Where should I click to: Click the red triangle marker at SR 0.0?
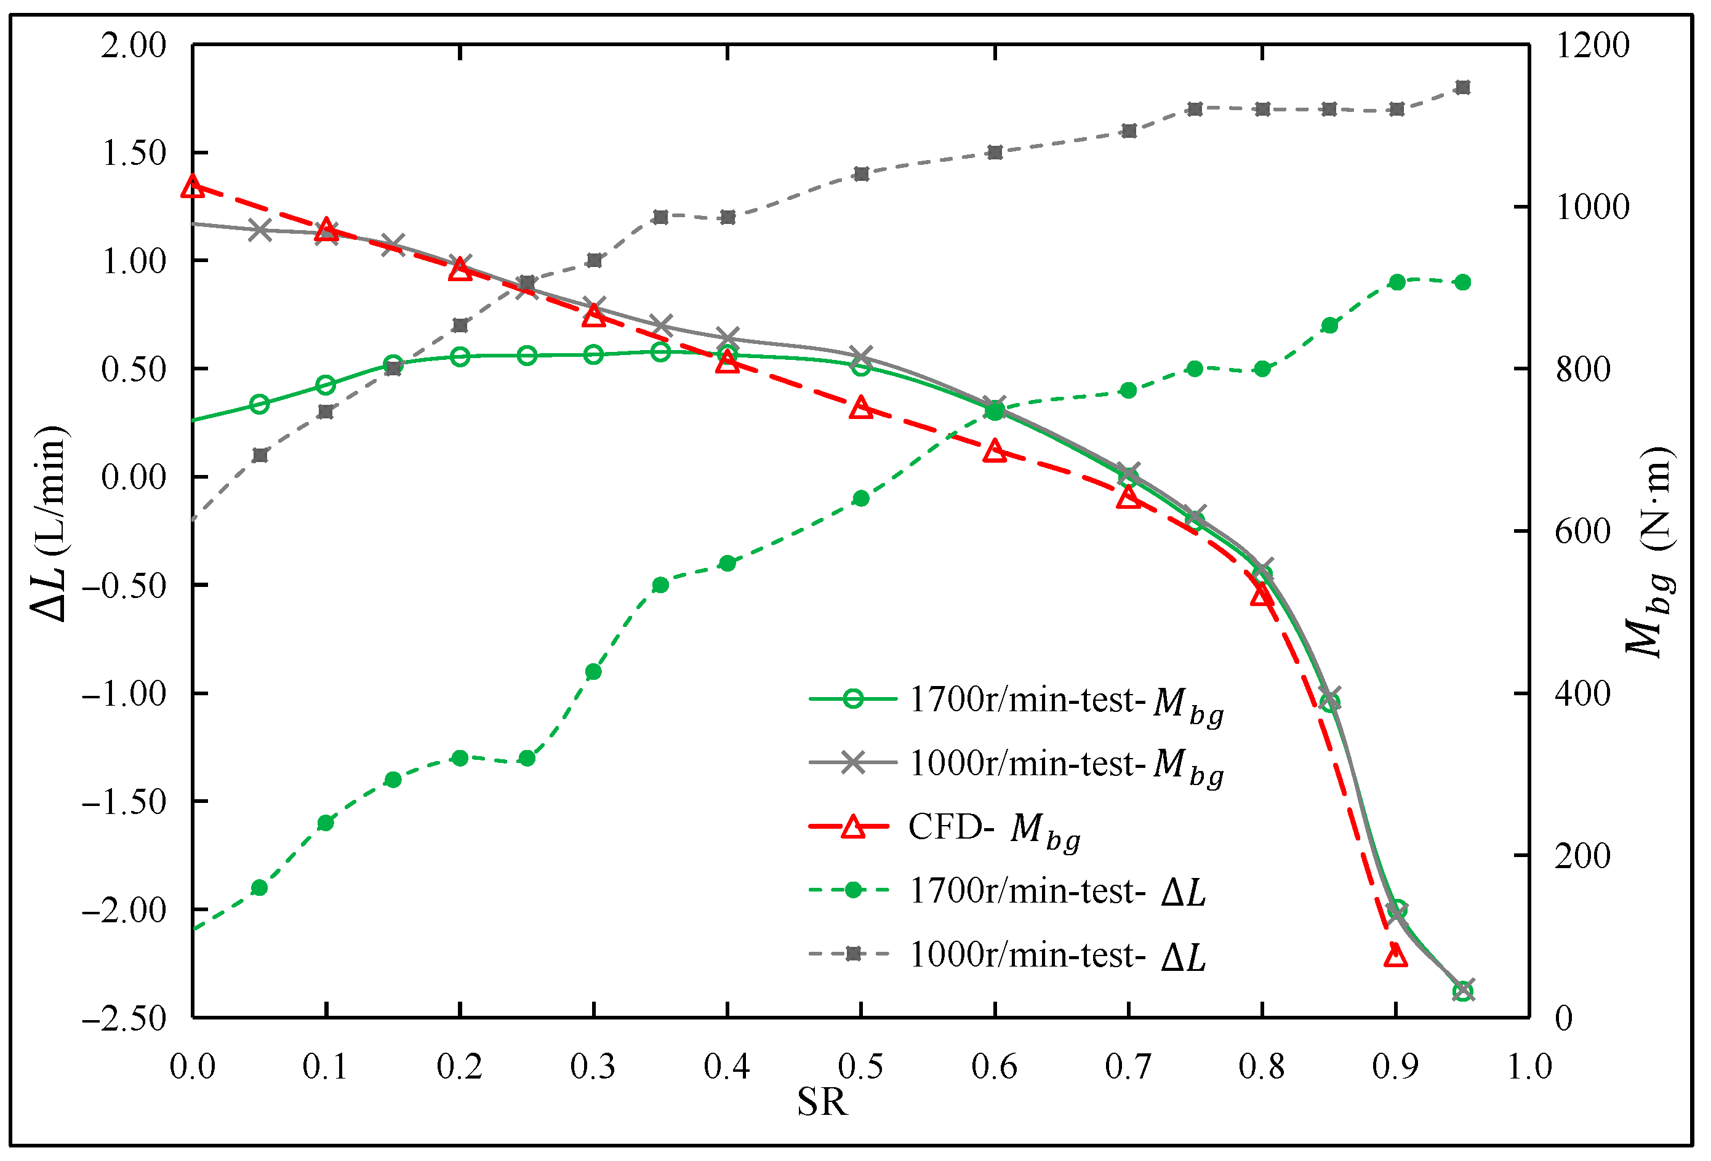(193, 186)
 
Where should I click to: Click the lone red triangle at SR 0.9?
(1396, 956)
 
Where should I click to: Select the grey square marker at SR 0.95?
(1463, 87)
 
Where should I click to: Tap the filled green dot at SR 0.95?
(1463, 282)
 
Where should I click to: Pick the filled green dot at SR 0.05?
(259, 888)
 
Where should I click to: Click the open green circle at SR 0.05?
(259, 404)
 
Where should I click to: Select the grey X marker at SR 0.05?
(259, 231)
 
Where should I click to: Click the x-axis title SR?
(822, 1102)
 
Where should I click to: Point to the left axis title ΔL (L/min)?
(50, 524)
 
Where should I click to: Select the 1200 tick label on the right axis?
(1592, 46)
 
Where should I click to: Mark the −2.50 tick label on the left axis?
(124, 1019)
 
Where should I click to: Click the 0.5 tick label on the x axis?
(860, 1067)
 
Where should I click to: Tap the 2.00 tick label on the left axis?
(134, 46)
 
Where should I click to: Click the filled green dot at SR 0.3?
(593, 671)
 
